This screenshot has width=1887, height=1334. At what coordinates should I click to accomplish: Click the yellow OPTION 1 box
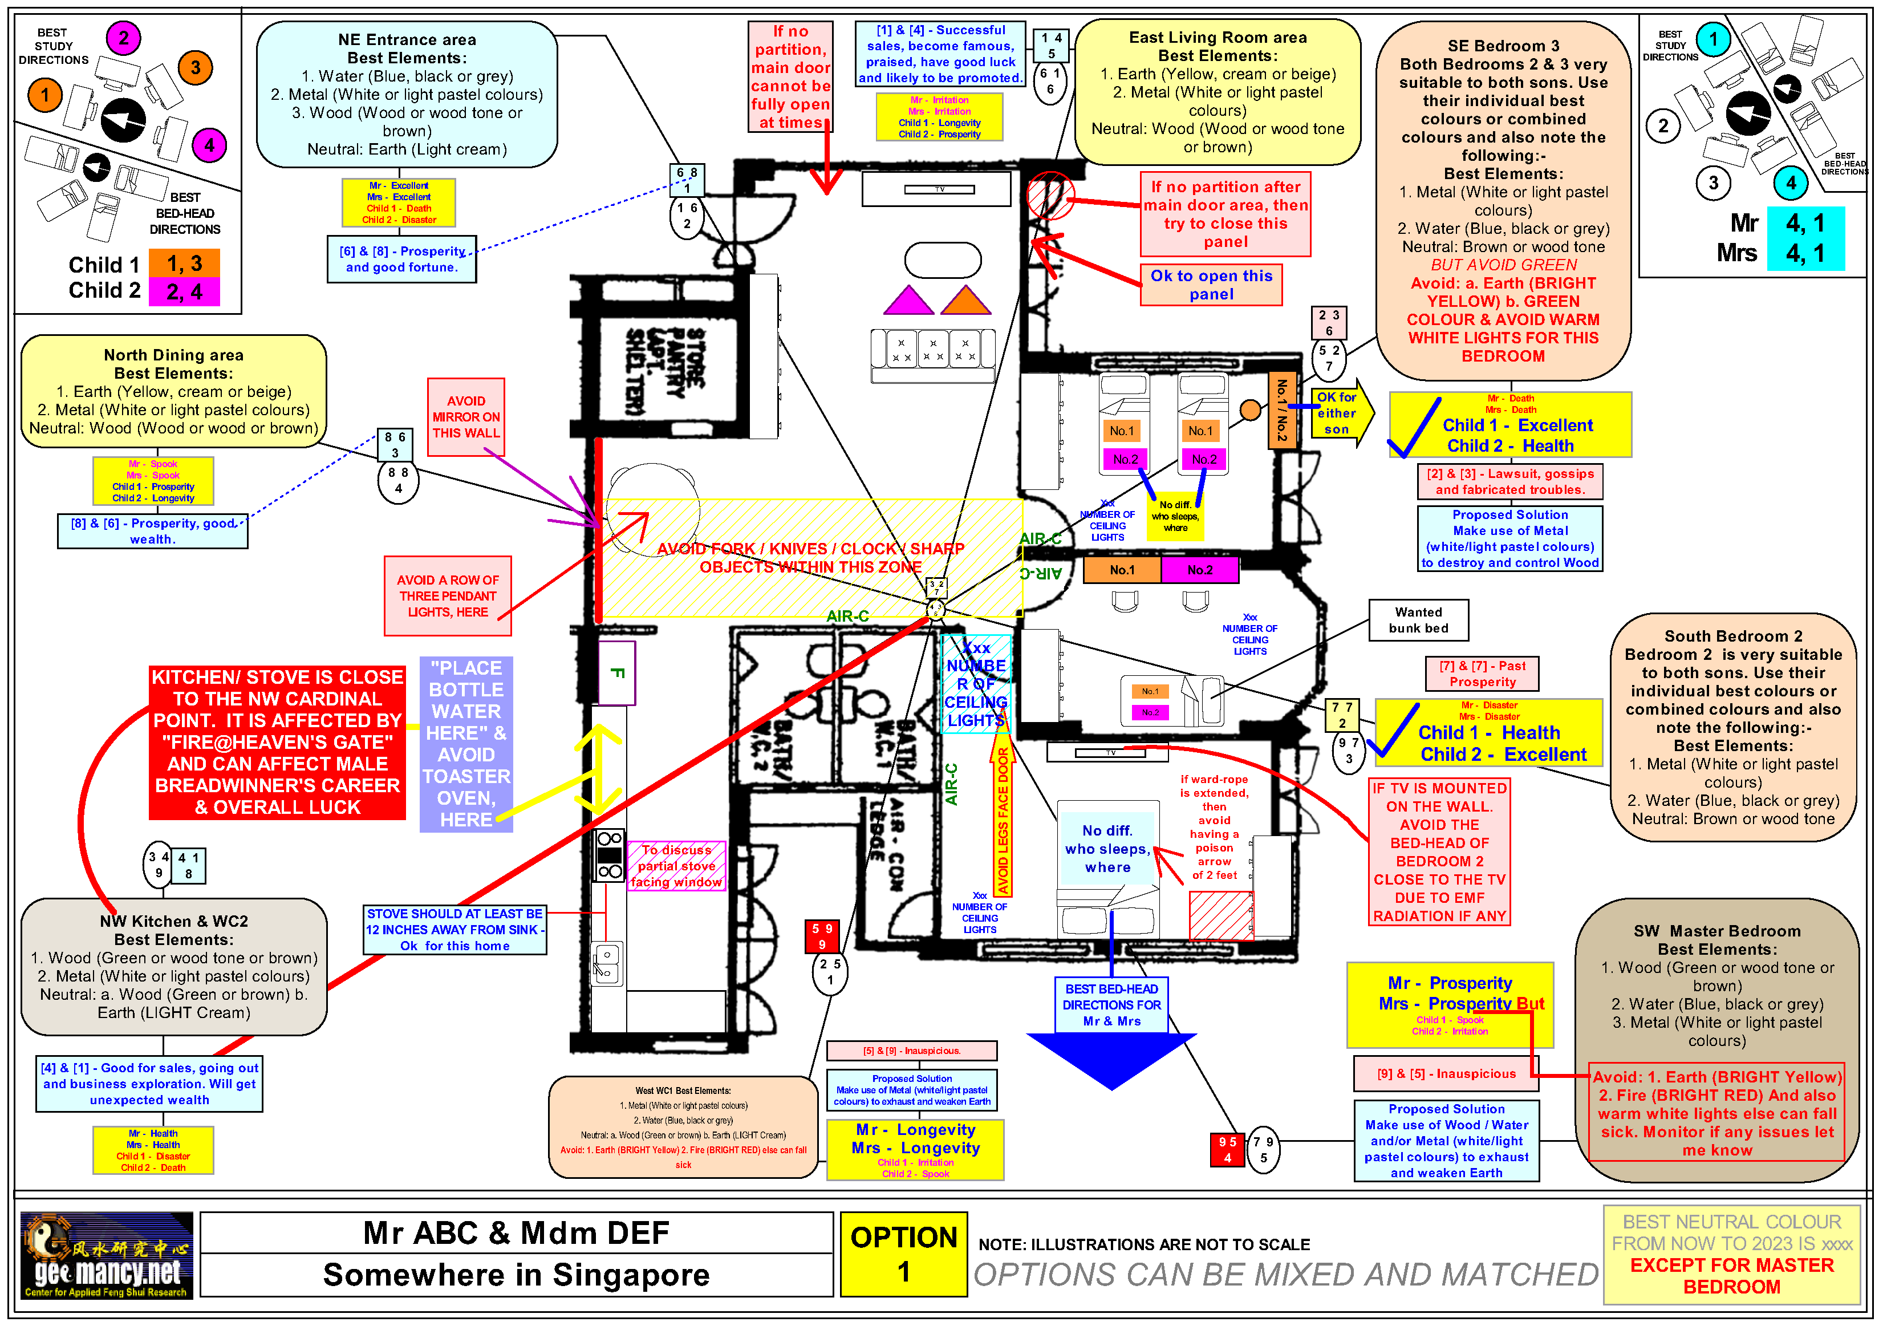(903, 1254)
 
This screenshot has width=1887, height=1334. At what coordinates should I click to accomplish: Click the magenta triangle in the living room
(908, 302)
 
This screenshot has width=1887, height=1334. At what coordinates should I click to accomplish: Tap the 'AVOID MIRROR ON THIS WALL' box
(466, 417)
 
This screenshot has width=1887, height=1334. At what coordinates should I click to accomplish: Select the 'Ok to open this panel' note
(1211, 285)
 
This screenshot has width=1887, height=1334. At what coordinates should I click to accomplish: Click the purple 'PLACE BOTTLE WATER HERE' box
(466, 743)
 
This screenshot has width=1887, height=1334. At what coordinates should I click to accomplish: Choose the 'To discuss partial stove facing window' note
(676, 866)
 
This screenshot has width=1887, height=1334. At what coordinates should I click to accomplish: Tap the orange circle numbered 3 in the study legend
(195, 67)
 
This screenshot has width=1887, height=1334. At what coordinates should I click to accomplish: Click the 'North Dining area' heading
(173, 355)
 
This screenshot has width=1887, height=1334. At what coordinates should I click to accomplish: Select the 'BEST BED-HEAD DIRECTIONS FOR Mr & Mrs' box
(1111, 1004)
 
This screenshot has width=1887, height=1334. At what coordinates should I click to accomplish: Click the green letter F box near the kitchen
(616, 673)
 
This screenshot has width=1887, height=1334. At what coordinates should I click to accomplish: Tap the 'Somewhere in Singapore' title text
(516, 1275)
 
